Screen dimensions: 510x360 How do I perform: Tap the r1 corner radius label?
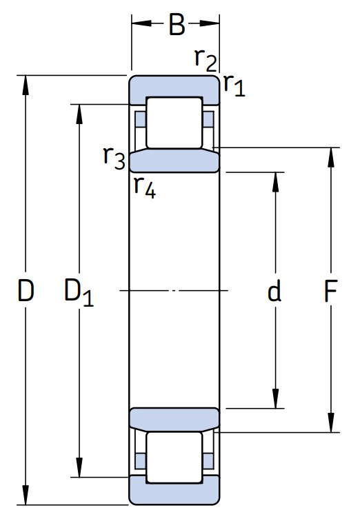point(234,85)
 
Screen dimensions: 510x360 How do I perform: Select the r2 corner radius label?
point(205,61)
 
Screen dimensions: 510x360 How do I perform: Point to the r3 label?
point(114,157)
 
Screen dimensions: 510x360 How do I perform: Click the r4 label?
point(144,186)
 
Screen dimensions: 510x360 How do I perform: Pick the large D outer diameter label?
point(26,292)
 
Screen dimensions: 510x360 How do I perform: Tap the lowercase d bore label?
point(274,292)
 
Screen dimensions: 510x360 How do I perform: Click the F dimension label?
point(330,292)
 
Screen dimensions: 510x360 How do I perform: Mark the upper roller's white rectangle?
point(174,122)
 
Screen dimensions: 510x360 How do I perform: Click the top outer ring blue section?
point(174,86)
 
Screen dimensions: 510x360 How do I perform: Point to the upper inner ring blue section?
point(174,161)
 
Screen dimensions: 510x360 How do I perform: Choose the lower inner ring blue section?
point(174,418)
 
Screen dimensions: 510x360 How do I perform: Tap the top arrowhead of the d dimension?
point(276,178)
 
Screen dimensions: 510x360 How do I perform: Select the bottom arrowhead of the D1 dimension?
point(81,469)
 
